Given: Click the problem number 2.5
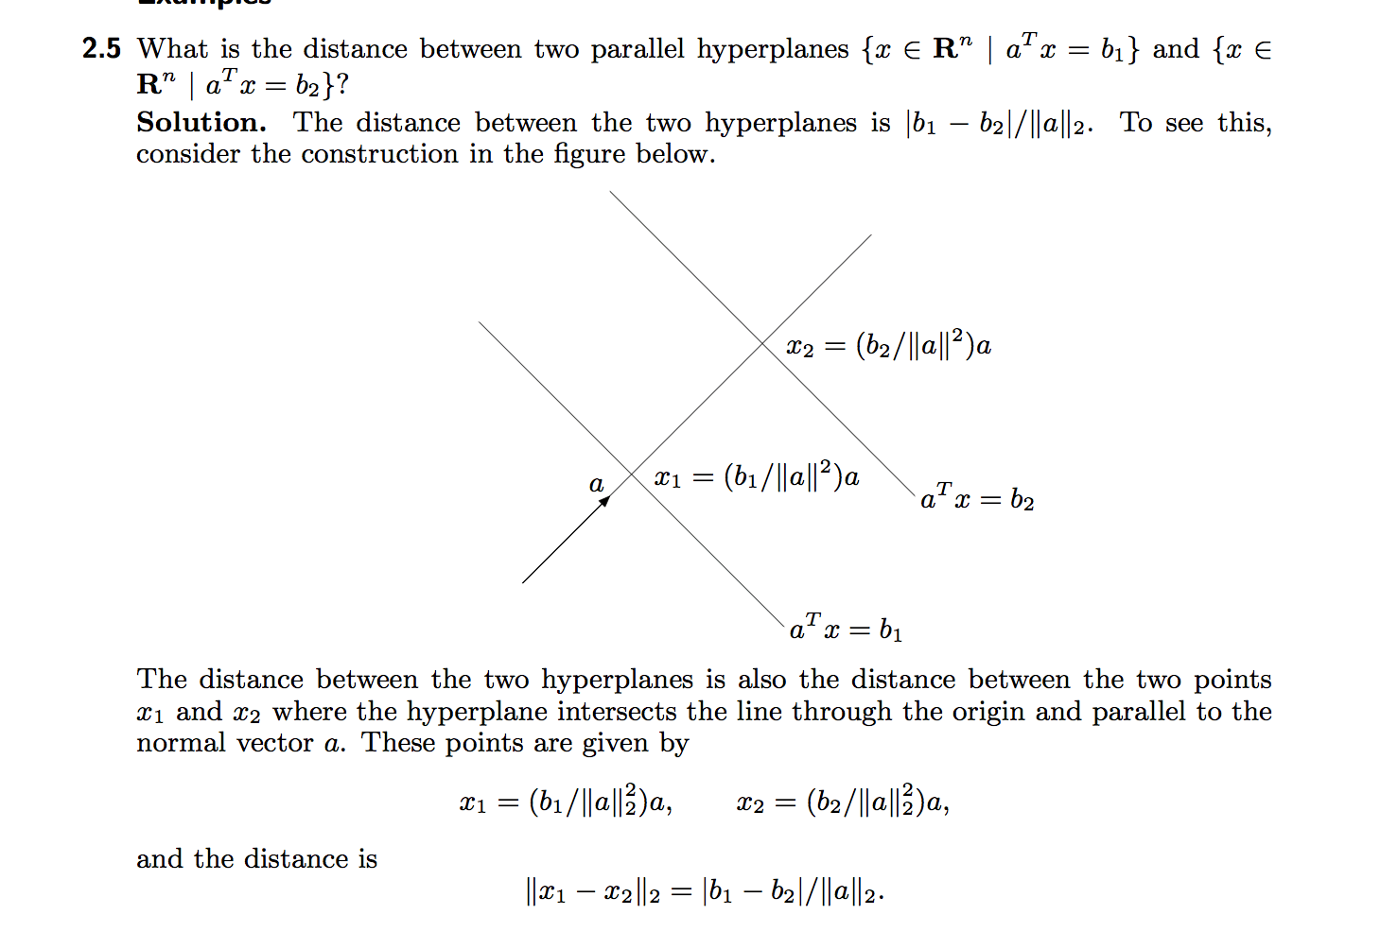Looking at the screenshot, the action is point(101,48).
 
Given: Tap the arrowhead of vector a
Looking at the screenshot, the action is point(605,500).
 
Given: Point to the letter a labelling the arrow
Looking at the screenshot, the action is point(596,485).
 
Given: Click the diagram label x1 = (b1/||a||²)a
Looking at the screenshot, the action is point(757,476).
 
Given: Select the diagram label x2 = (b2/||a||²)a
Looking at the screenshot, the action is point(889,346).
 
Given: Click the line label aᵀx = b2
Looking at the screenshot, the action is point(977,497).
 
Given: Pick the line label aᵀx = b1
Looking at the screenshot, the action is point(846,628).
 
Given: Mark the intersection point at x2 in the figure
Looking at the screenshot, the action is point(763,343).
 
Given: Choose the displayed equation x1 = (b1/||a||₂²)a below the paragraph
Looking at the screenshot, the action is point(566,803).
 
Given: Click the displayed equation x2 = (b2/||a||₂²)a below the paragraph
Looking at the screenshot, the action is point(843,803).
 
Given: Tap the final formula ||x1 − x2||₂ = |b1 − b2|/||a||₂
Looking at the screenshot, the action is point(705,891).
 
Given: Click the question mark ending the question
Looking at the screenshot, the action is point(341,86).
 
